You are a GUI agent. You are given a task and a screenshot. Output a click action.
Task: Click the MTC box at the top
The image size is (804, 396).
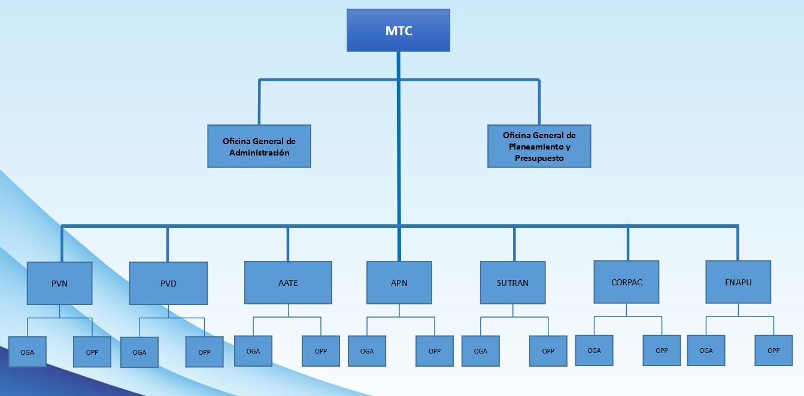tap(398, 31)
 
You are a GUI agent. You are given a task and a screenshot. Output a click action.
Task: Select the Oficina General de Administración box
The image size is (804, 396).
tap(259, 146)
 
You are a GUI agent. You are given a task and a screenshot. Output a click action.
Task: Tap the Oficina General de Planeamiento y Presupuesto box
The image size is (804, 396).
tap(539, 146)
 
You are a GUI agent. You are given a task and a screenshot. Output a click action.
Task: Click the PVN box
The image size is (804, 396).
tap(59, 284)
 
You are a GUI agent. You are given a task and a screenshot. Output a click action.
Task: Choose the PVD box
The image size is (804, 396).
tap(168, 284)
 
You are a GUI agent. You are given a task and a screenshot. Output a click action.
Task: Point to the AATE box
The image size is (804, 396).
tap(288, 282)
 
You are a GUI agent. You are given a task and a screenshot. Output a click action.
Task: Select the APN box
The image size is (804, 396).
tap(399, 282)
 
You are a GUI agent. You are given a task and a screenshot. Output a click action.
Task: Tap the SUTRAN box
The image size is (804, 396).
tap(512, 282)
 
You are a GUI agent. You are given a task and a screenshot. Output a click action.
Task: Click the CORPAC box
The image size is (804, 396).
tap(626, 282)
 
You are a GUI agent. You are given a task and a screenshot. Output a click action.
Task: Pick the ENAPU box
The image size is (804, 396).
tap(738, 282)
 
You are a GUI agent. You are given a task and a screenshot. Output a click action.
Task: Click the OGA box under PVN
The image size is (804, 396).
tap(27, 352)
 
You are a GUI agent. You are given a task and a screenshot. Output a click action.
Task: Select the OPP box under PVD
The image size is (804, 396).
tap(204, 352)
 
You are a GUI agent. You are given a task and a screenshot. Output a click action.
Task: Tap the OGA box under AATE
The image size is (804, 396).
tap(253, 351)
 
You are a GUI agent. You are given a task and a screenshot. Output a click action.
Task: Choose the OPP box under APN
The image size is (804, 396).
tap(435, 351)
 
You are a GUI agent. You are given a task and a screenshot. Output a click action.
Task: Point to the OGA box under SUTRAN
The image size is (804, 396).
tap(480, 351)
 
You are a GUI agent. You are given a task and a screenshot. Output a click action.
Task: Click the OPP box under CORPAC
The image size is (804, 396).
tap(662, 350)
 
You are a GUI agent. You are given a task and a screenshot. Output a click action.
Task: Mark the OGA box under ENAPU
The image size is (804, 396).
tap(706, 350)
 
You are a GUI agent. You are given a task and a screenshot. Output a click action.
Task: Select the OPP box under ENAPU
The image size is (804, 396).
tap(773, 350)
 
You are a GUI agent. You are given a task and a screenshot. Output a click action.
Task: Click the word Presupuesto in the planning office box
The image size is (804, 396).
tap(539, 159)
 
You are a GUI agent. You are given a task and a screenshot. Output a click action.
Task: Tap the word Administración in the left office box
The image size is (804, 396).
tap(259, 153)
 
